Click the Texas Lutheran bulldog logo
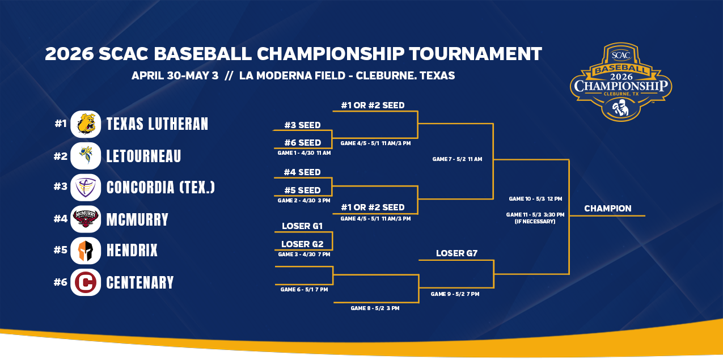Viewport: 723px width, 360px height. [x=86, y=124]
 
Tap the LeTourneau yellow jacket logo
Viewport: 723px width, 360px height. [x=86, y=156]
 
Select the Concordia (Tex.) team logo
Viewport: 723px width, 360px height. [x=86, y=188]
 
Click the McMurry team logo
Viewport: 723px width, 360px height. [x=86, y=219]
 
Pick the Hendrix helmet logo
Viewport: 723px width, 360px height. [x=86, y=251]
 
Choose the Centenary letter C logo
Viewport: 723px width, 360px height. [x=86, y=282]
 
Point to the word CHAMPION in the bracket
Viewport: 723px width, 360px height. [x=607, y=209]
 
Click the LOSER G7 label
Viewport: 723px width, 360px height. [x=456, y=253]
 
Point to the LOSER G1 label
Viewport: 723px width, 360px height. [x=302, y=226]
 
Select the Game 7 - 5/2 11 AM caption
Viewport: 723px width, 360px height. [x=457, y=159]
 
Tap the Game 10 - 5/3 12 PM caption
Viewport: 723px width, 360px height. [x=535, y=199]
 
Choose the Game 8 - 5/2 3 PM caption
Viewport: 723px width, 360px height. [x=375, y=308]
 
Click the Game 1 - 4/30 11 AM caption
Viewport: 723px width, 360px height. [x=304, y=153]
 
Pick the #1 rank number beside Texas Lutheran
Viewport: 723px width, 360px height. [x=61, y=123]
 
